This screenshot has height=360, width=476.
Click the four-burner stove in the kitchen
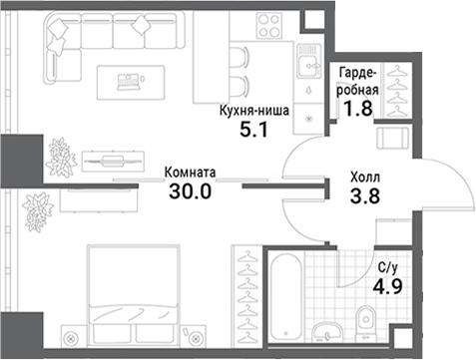(271, 25)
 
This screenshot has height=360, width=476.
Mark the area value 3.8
(365, 195)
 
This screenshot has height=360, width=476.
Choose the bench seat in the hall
(396, 139)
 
